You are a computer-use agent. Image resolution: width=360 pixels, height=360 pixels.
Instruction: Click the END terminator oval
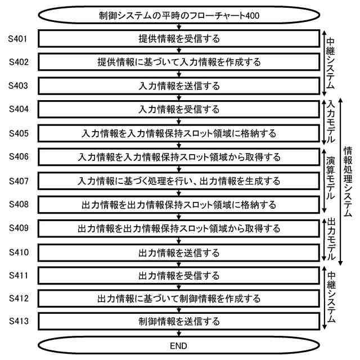pos(179,345)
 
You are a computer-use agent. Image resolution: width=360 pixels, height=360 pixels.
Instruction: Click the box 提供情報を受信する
pos(179,39)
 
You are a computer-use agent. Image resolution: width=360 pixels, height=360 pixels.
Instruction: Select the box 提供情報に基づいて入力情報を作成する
pos(179,62)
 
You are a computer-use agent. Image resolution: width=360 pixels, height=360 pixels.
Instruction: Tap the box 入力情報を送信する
pos(179,86)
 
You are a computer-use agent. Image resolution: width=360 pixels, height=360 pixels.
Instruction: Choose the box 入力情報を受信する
pos(179,110)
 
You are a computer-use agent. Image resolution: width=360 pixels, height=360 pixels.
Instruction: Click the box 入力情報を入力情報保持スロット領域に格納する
pos(179,133)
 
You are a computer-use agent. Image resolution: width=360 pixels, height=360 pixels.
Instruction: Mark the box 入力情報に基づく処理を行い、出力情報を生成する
pos(179,181)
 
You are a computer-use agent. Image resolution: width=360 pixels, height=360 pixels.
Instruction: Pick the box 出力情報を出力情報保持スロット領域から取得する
pos(179,228)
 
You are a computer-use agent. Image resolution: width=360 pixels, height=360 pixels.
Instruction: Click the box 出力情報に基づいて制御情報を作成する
pos(179,298)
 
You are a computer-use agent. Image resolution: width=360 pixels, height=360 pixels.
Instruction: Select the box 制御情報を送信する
pos(179,322)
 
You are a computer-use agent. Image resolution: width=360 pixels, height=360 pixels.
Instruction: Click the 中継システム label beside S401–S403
pos(331,62)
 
